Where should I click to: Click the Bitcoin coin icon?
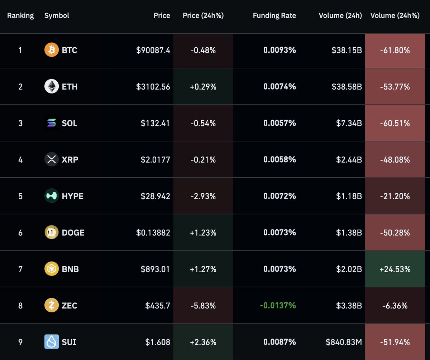52,50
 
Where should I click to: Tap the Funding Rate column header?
274,15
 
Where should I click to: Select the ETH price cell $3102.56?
153,87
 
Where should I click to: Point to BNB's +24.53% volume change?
395,269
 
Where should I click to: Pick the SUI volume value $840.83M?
344,342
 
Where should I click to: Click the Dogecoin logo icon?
52,232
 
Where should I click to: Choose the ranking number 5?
20,196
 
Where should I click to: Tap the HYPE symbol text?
72,196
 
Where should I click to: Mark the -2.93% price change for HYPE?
203,196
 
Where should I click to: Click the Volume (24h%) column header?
395,15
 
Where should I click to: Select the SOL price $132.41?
155,123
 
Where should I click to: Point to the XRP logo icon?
52,159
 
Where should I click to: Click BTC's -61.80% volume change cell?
395,50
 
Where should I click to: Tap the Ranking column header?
20,15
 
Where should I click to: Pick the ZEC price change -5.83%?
203,306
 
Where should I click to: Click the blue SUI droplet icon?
52,342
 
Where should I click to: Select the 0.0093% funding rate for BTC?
279,50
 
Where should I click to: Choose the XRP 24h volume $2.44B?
349,159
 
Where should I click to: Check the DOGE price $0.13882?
153,232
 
